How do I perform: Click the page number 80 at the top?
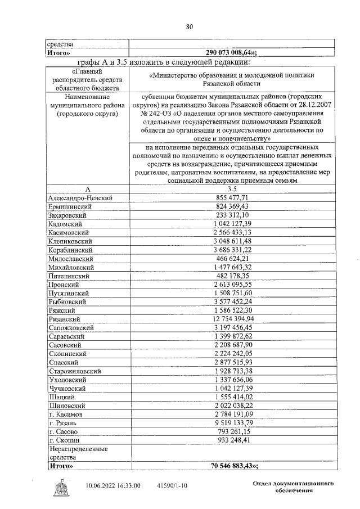click(190, 26)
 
